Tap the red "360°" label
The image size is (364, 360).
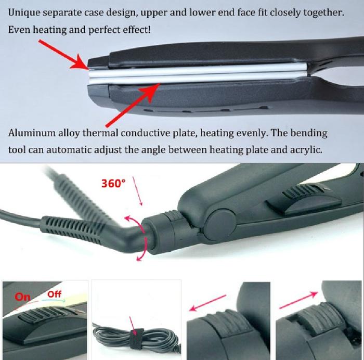pyautogui.click(x=113, y=184)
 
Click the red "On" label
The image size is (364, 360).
pyautogui.click(x=22, y=297)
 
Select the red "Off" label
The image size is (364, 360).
pyautogui.click(x=54, y=294)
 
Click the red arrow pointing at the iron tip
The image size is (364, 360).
pyautogui.click(x=63, y=55)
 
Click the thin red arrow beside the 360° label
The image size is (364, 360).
pyautogui.click(x=137, y=191)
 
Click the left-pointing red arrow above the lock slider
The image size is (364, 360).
pyautogui.click(x=207, y=303)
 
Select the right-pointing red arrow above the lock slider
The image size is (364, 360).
pyautogui.click(x=299, y=300)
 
